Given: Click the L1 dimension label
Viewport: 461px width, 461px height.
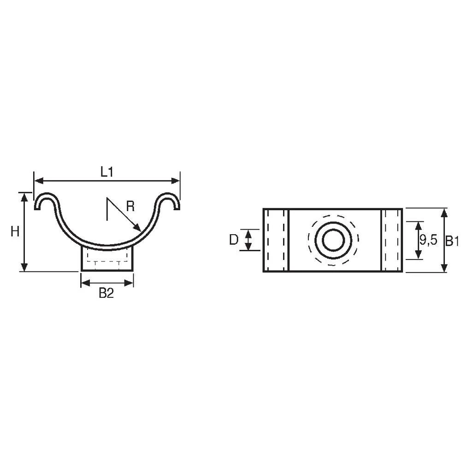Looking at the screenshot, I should coord(107,172).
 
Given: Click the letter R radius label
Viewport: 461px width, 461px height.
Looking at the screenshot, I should coord(130,206).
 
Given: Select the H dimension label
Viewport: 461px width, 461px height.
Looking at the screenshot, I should coord(15,232).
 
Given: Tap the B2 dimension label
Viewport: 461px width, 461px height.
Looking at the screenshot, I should coord(106,293).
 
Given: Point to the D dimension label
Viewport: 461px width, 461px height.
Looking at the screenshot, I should coord(234,240).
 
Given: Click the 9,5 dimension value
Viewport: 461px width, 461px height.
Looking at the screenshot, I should coord(428,240).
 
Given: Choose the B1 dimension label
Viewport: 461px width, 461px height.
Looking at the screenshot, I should coord(452,240).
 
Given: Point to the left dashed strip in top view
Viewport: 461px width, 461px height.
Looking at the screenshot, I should coord(276,240).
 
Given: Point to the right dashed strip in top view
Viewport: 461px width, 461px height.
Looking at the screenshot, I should coord(391,240).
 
